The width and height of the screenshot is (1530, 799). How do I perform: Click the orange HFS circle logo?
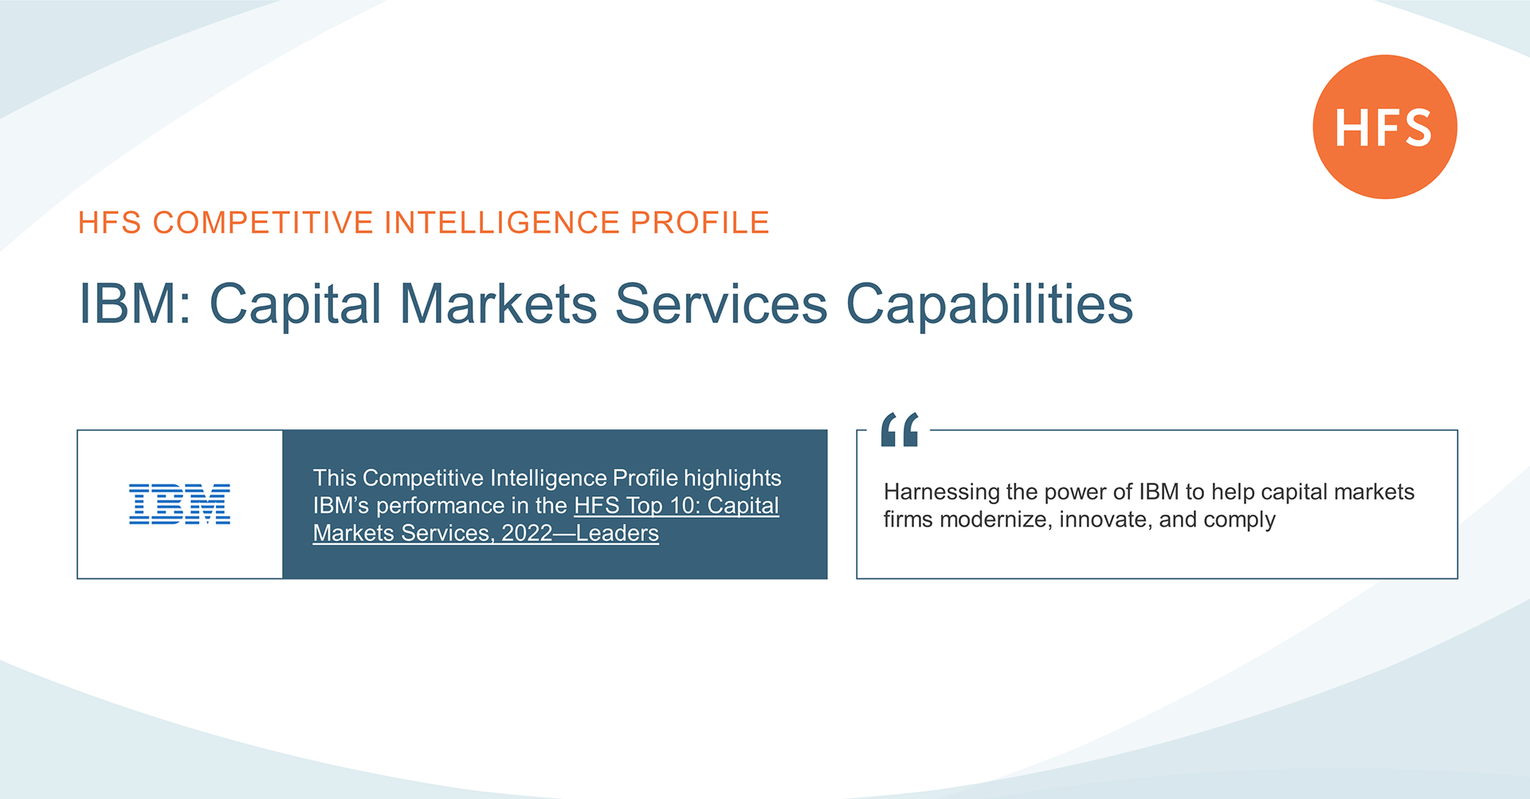[1385, 127]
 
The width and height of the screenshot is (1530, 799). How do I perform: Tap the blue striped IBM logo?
[179, 503]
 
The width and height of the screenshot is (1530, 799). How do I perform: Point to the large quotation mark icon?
[900, 429]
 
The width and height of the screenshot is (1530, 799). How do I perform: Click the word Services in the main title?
[721, 304]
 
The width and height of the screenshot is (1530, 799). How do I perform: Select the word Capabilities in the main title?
[989, 304]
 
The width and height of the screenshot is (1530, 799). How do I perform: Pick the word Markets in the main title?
[498, 304]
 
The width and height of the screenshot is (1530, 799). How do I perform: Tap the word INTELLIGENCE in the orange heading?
[502, 222]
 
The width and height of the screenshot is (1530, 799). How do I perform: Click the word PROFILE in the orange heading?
[700, 222]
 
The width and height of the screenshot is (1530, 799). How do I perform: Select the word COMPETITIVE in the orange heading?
[263, 222]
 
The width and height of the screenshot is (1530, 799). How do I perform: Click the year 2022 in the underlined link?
[527, 533]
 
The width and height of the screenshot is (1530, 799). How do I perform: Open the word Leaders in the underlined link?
[618, 533]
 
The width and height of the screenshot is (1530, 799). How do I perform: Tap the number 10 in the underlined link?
[688, 505]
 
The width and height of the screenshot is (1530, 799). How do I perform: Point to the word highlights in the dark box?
[732, 478]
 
